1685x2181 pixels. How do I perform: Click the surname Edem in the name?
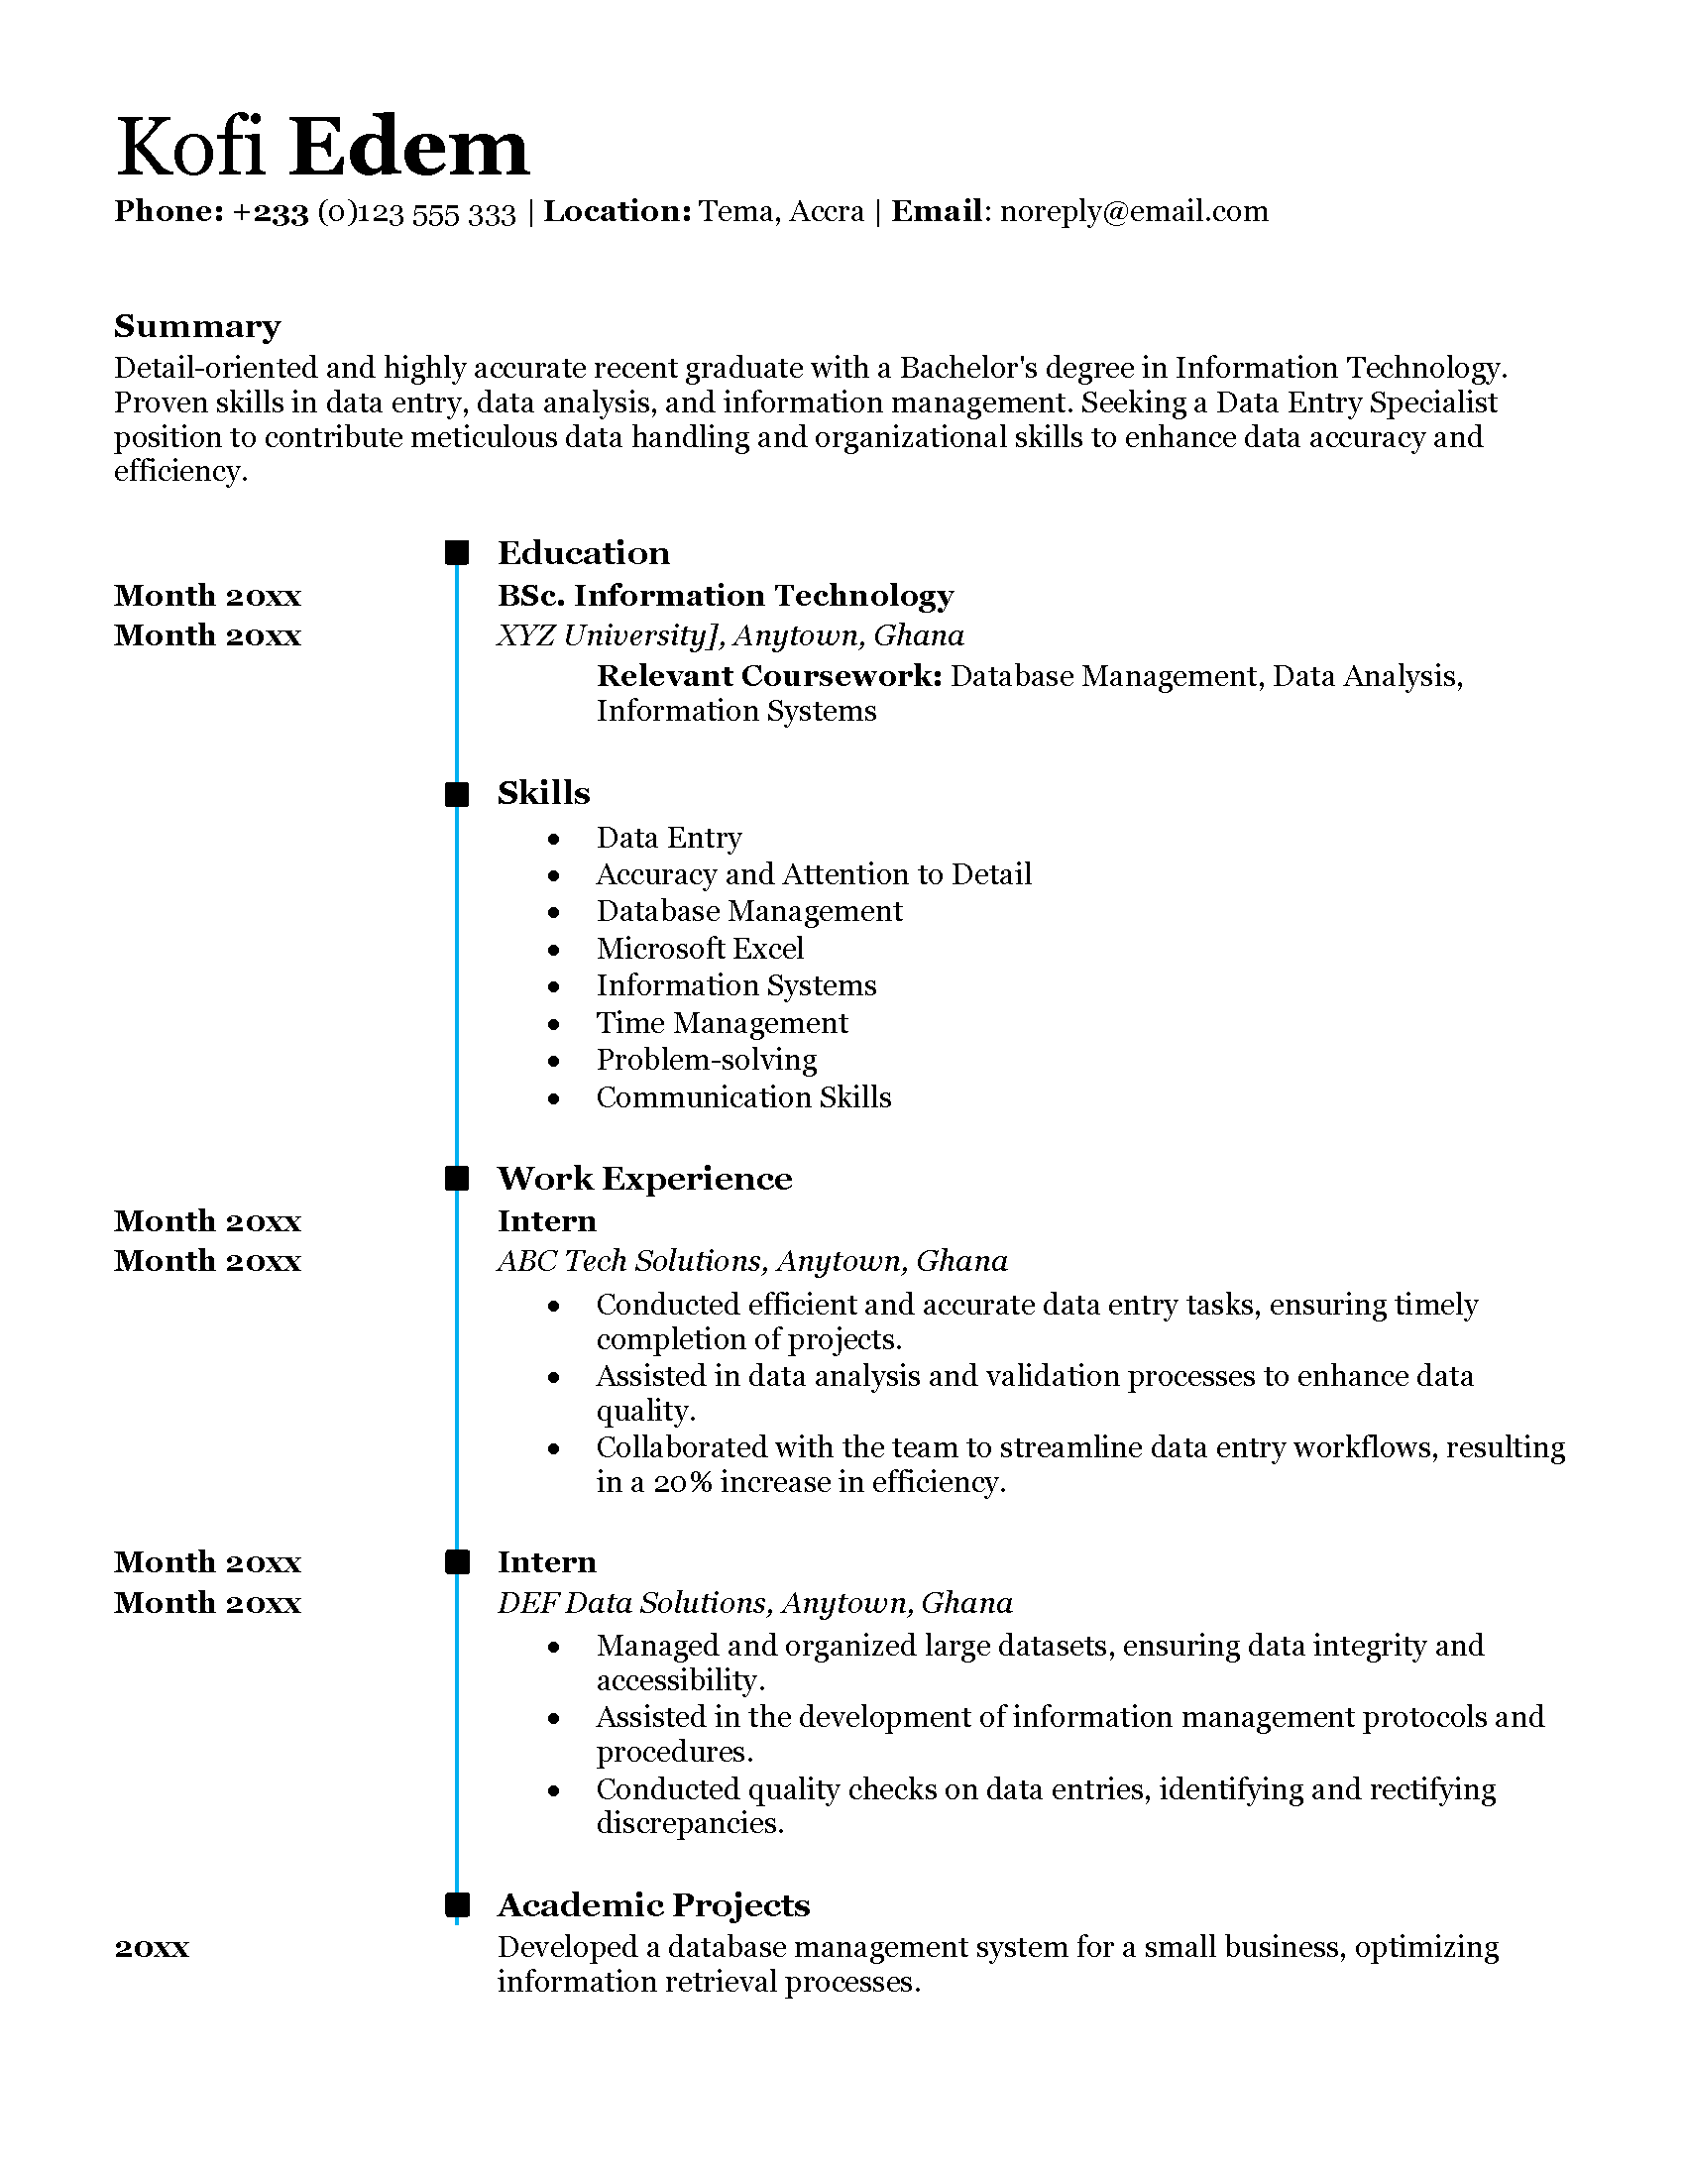[x=409, y=148]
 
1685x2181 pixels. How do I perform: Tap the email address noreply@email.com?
[x=1134, y=212]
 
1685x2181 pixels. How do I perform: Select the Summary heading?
[x=196, y=326]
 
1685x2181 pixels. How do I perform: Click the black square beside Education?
[x=457, y=552]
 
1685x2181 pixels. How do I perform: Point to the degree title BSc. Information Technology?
[x=726, y=596]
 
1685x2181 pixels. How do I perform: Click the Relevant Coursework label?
[x=769, y=676]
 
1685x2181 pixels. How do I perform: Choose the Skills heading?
[x=544, y=793]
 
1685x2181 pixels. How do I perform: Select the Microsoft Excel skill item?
[x=700, y=948]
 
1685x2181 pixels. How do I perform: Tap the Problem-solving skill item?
[x=707, y=1060]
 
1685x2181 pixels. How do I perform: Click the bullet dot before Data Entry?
[x=554, y=839]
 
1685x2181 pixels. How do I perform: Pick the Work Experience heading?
[x=645, y=1179]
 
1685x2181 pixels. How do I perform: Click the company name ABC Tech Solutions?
[x=632, y=1261]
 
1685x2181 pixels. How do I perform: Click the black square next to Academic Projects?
[x=457, y=1904]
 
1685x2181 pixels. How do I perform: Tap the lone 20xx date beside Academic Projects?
[x=152, y=1947]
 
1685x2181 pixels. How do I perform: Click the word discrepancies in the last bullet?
[x=690, y=1823]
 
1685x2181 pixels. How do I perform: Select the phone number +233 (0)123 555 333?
[x=375, y=212]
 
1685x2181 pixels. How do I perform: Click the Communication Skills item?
[x=743, y=1097]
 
